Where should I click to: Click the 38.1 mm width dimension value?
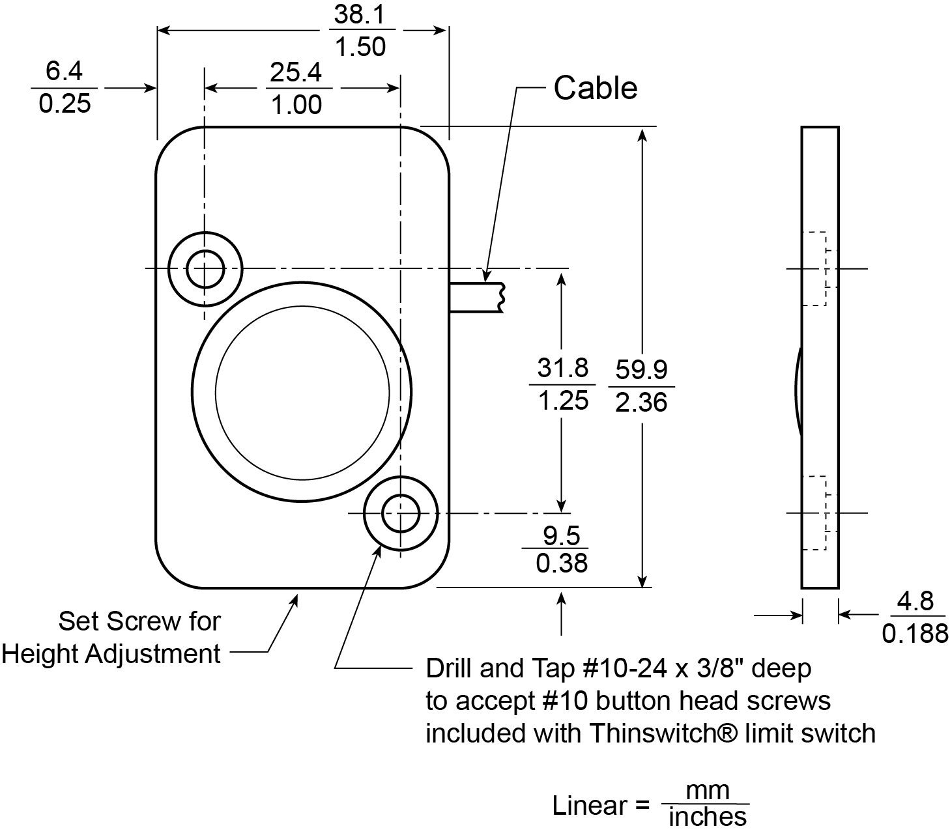(360, 14)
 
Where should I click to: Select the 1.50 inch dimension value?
(360, 47)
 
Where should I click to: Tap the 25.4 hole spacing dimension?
(296, 72)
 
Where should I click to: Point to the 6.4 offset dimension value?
(64, 71)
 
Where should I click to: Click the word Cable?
(595, 88)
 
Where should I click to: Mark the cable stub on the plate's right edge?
(476, 297)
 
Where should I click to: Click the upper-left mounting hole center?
(205, 268)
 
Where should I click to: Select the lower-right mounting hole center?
(400, 513)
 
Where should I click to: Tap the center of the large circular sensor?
(302, 391)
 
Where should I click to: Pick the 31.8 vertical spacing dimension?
(562, 368)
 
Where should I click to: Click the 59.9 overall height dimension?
(641, 369)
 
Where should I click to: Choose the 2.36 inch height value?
(641, 403)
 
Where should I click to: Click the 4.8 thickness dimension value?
(915, 601)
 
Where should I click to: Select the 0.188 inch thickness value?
(915, 633)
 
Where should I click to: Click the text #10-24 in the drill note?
(613, 668)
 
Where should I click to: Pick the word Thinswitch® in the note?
(664, 733)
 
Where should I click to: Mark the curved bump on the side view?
(798, 391)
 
